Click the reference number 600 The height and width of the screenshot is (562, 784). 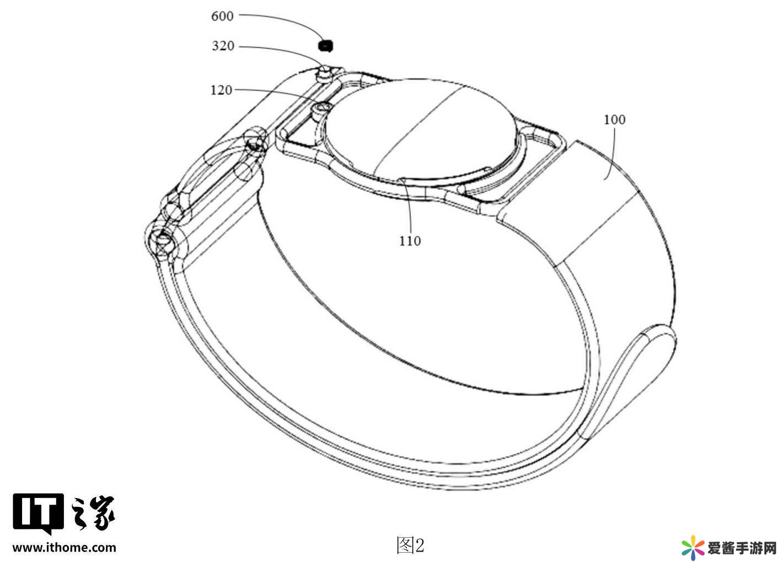pyautogui.click(x=222, y=16)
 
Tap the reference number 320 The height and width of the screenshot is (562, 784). pyautogui.click(x=223, y=46)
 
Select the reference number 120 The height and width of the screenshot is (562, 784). pyautogui.click(x=221, y=90)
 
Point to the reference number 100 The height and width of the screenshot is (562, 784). pyautogui.click(x=615, y=120)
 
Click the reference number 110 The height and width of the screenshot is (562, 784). pyautogui.click(x=410, y=241)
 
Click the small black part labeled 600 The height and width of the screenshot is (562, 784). pyautogui.click(x=325, y=46)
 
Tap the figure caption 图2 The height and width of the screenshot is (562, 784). pyautogui.click(x=411, y=545)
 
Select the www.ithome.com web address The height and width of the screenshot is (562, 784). pyautogui.click(x=65, y=547)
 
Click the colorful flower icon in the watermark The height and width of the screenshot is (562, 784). pyautogui.click(x=693, y=548)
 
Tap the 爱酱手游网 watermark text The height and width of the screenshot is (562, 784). pyautogui.click(x=742, y=548)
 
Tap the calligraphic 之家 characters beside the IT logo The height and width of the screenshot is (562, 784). pyautogui.click(x=93, y=513)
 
